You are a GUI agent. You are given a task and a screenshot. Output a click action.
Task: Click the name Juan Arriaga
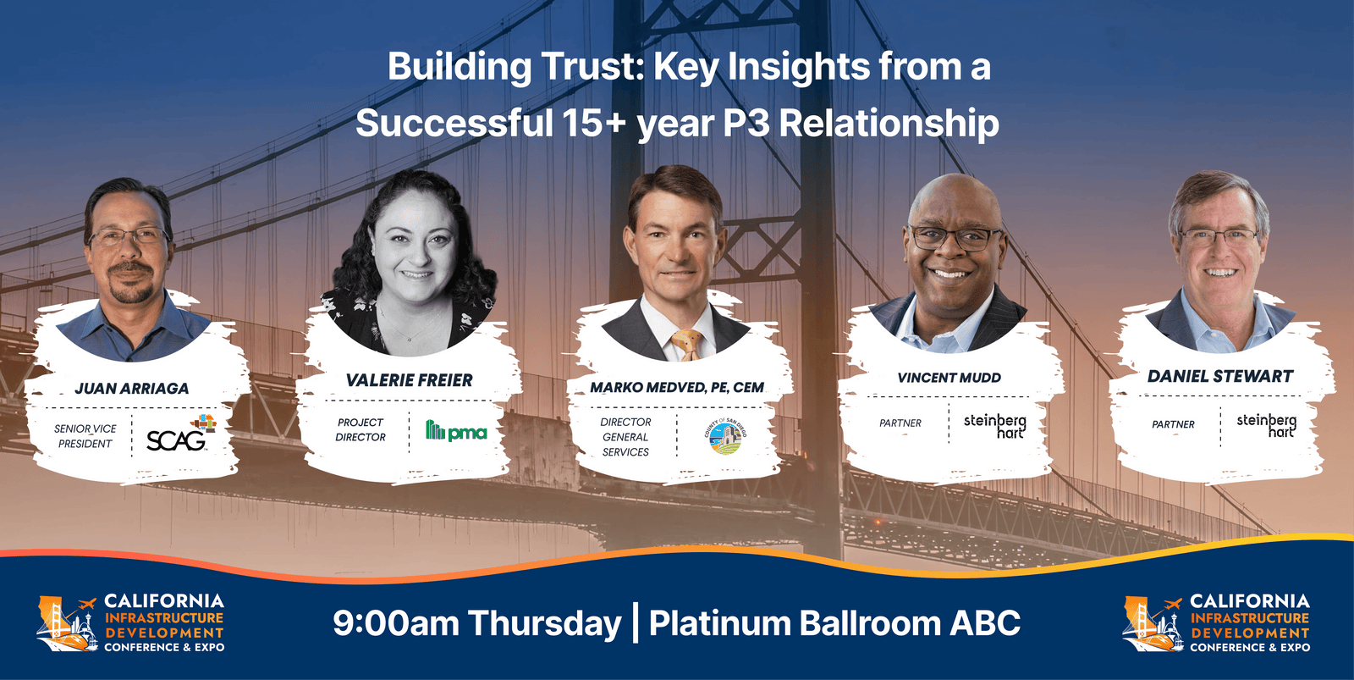pos(131,389)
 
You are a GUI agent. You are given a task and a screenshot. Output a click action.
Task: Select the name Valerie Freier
pos(409,381)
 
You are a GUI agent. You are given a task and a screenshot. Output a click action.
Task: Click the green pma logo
pos(456,431)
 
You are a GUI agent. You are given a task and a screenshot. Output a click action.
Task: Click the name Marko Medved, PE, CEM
pos(677,387)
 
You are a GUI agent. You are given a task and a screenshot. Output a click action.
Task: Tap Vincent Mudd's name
pos(949,378)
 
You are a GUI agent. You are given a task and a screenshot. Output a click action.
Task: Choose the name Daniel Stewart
pos(1219,376)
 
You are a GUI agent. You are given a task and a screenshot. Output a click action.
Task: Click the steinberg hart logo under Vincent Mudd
pos(995,425)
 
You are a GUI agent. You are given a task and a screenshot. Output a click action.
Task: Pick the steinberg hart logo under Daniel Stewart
pos(1266,424)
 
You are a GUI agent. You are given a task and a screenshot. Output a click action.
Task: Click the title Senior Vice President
pos(85,436)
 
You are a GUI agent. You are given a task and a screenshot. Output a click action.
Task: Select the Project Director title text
pos(361,429)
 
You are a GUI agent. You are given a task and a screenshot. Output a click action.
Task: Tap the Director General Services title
pos(625,437)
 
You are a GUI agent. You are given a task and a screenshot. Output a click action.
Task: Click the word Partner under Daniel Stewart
pos(1173,424)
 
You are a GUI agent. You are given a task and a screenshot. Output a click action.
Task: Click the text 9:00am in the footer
pos(395,623)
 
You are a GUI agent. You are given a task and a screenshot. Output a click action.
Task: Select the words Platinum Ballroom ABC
pos(834,623)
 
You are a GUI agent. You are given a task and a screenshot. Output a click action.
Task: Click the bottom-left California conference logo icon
pos(66,624)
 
